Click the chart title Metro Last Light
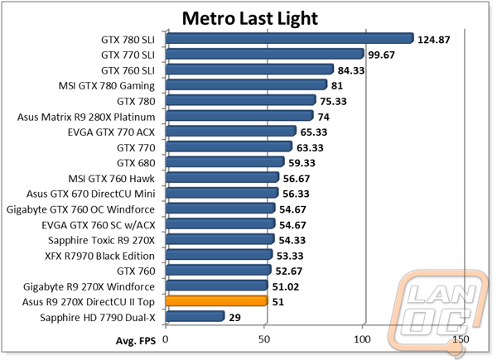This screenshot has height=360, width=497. tap(250, 18)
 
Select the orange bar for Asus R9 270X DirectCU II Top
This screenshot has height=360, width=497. tap(217, 300)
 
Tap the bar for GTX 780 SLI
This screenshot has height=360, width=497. tap(290, 38)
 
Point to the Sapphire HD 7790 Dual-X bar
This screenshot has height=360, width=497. tap(195, 316)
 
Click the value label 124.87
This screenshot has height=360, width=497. tap(433, 40)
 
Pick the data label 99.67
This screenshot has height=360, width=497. tap(381, 55)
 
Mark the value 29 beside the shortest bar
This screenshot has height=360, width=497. tap(234, 317)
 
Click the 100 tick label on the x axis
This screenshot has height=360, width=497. tap(362, 339)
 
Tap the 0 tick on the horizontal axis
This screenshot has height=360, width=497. tap(165, 339)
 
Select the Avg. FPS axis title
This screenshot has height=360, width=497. tap(136, 341)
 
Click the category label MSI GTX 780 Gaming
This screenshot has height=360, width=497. tap(107, 86)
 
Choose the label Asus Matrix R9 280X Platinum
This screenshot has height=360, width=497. tap(86, 118)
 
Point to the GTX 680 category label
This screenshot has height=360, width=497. tap(136, 163)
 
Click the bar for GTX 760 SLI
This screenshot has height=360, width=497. tap(249, 69)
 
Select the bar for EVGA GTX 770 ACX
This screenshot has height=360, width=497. tap(231, 131)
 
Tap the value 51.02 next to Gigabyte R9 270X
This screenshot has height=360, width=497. tap(286, 287)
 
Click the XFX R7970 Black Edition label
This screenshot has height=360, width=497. tap(100, 256)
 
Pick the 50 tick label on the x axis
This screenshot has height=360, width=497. tap(263, 339)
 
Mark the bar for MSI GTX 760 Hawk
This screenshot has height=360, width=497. tap(222, 177)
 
